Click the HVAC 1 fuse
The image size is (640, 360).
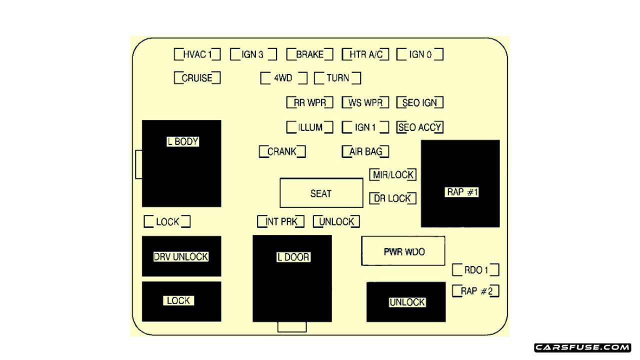click(x=197, y=54)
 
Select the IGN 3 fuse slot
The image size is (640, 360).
click(x=253, y=54)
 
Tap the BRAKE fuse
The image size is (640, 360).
click(x=309, y=54)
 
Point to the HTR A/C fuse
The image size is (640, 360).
click(x=365, y=54)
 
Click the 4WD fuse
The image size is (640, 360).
click(x=283, y=78)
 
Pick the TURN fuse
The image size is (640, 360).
click(x=337, y=78)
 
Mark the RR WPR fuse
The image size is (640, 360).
click(x=309, y=103)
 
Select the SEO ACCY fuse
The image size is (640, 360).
click(x=420, y=127)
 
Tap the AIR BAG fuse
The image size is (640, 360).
click(x=365, y=151)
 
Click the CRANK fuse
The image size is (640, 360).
click(x=282, y=151)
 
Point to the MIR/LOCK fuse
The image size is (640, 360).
click(x=393, y=174)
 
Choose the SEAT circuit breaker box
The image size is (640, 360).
click(x=321, y=193)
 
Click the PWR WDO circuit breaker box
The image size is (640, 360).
click(x=403, y=251)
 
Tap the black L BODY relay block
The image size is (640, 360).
click(x=181, y=163)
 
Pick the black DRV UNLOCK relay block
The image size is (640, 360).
click(x=181, y=256)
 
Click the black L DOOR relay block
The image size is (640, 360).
click(x=292, y=278)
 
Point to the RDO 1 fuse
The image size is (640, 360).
click(x=475, y=270)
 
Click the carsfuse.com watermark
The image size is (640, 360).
click(x=582, y=347)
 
